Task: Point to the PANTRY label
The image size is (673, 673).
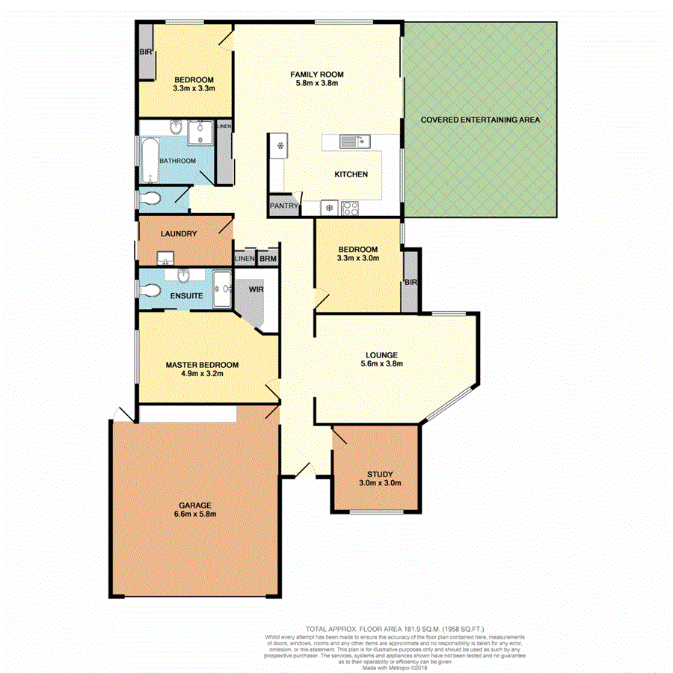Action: tap(284, 206)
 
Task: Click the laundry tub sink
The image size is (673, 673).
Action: tap(166, 258)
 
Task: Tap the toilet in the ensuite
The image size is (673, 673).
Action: tap(151, 289)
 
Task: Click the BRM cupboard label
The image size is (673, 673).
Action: tap(268, 259)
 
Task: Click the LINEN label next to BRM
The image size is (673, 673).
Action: tap(244, 259)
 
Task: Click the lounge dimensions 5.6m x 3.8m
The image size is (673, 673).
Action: tap(381, 364)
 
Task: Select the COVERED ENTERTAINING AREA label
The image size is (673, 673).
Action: tap(479, 120)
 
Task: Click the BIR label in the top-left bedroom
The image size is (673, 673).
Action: tap(144, 52)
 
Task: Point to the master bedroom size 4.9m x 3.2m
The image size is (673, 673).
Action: tap(202, 374)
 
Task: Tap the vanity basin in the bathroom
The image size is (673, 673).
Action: tap(176, 126)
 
